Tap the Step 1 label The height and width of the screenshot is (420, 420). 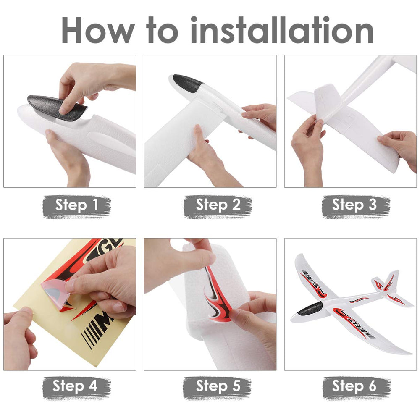point(77,206)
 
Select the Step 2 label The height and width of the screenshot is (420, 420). point(218,206)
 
